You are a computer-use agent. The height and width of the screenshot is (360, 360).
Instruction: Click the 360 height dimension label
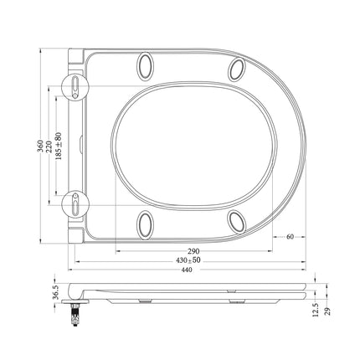pos(41,146)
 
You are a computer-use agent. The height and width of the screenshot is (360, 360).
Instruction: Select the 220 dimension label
pos(49,146)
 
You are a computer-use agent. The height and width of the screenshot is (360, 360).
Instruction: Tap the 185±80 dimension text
pos(59,146)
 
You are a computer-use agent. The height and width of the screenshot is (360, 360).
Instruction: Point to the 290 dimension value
pos(193,251)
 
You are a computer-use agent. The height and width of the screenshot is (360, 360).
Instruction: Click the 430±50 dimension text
pos(188,260)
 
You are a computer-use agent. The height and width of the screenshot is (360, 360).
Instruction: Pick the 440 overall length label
pos(187,270)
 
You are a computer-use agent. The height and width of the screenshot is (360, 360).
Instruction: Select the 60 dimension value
pos(290,237)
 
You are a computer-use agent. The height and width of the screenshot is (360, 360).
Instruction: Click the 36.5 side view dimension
pos(55,292)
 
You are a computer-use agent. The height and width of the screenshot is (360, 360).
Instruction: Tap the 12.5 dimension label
pos(316,310)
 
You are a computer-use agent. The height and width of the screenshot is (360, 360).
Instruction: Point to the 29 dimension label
pos(328,311)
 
